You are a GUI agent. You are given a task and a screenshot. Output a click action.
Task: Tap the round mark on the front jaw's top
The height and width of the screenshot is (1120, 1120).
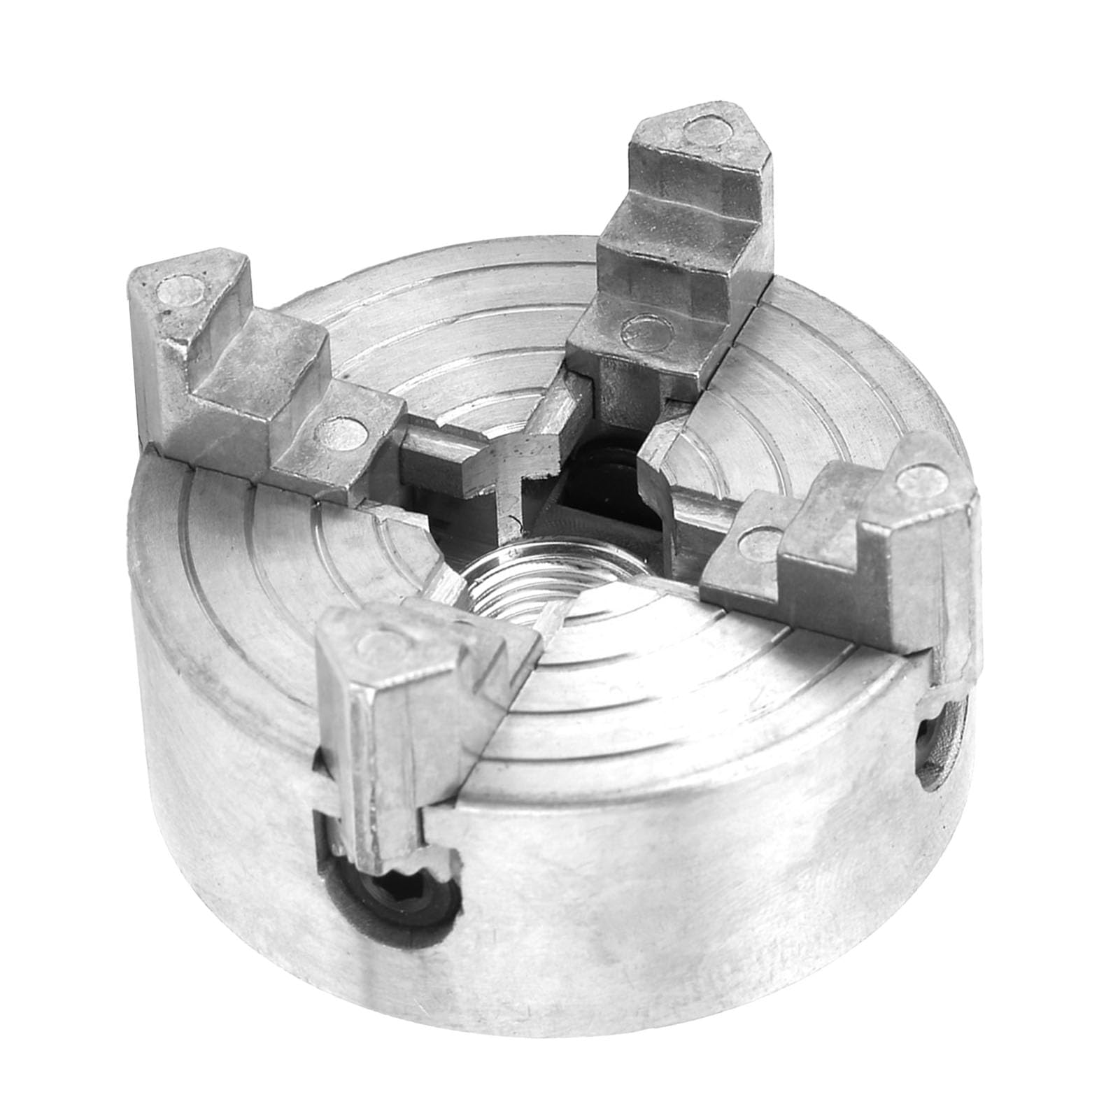(385, 638)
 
